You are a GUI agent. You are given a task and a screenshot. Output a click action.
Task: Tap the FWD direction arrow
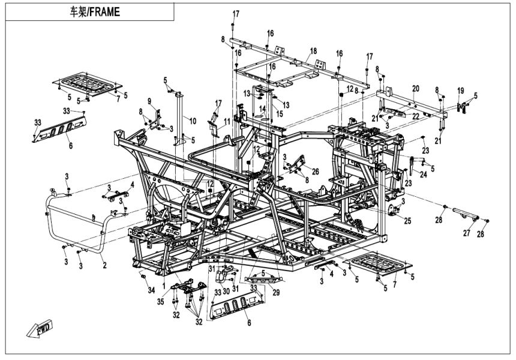click(x=39, y=329)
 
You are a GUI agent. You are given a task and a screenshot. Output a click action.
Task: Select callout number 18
click(x=313, y=52)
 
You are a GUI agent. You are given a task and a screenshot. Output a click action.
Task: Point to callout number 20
click(x=415, y=88)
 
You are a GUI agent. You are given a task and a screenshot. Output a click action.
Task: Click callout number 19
click(x=461, y=91)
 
